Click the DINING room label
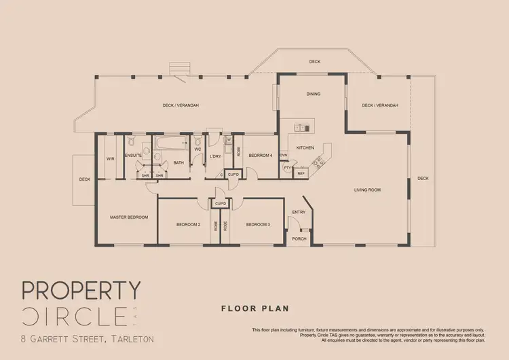[313, 94]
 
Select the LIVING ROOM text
[366, 190]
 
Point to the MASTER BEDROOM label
[129, 217]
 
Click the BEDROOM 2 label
[188, 224]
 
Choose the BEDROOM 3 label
[258, 224]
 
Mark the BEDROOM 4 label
[260, 156]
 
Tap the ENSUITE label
[133, 156]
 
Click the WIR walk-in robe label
[110, 159]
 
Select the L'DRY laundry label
[216, 156]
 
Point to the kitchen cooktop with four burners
[318, 162]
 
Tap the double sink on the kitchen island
[301, 128]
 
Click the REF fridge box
[301, 173]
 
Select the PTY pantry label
[287, 168]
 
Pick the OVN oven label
[283, 154]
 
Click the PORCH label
[299, 238]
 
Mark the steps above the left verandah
[180, 68]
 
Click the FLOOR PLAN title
[254, 308]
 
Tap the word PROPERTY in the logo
[81, 291]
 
